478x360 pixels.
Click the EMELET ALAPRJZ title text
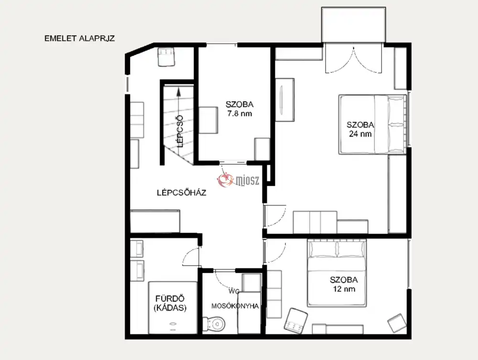point(79,38)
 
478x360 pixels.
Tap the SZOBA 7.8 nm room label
point(239,109)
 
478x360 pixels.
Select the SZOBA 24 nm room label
point(360,129)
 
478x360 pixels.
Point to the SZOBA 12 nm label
point(344,284)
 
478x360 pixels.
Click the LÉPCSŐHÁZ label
point(181,193)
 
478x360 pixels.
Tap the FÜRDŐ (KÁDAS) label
point(170,303)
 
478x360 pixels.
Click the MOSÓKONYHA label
point(235,306)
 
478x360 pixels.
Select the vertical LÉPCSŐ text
point(180,131)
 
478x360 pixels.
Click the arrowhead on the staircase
point(178,90)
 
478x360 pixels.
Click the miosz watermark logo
point(238,180)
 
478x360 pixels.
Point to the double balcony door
point(354,60)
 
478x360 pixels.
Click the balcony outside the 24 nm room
point(354,25)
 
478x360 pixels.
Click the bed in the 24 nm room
point(372,124)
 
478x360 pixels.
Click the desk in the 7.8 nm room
point(208,120)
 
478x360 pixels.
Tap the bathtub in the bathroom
point(173,307)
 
